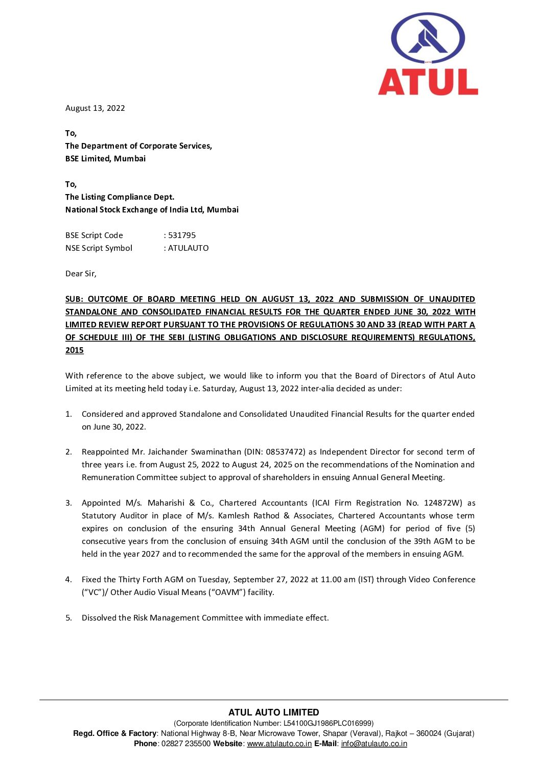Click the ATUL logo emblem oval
(x=428, y=39)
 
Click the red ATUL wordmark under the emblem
(x=428, y=82)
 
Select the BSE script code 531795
(x=182, y=235)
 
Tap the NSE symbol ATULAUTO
(x=188, y=248)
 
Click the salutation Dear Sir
(x=81, y=274)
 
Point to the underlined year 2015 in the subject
(x=75, y=350)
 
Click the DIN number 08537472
(x=285, y=452)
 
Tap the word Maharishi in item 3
(x=166, y=503)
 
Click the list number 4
(x=68, y=580)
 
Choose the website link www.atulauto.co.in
(x=279, y=744)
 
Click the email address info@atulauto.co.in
(x=374, y=744)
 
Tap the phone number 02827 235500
(x=186, y=744)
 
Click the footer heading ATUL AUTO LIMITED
(x=274, y=712)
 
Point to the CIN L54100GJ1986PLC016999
(x=327, y=723)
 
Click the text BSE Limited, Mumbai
(x=105, y=159)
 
